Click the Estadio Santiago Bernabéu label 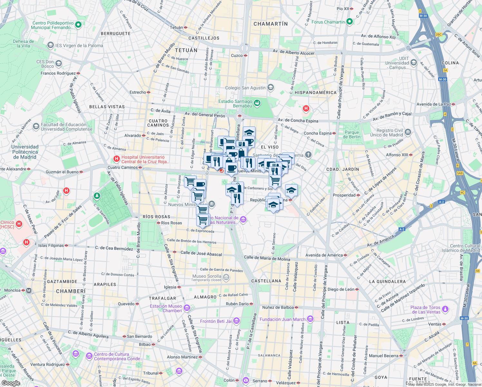(x=235, y=104)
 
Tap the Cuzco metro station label (x=237, y=55)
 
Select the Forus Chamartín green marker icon (x=350, y=22)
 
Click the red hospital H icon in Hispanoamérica (x=306, y=109)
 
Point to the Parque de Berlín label (x=352, y=134)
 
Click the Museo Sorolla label (x=207, y=276)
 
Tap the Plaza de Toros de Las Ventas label (x=426, y=310)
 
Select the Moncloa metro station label (x=13, y=290)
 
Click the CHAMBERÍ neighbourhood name (x=71, y=291)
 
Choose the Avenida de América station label (x=324, y=255)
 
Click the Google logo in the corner (x=11, y=383)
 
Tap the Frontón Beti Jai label (x=216, y=321)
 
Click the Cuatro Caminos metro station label (x=122, y=167)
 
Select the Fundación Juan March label (x=283, y=319)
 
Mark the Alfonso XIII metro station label (x=397, y=155)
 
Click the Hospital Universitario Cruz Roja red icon (x=117, y=159)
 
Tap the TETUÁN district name (x=186, y=50)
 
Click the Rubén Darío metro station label (x=237, y=304)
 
